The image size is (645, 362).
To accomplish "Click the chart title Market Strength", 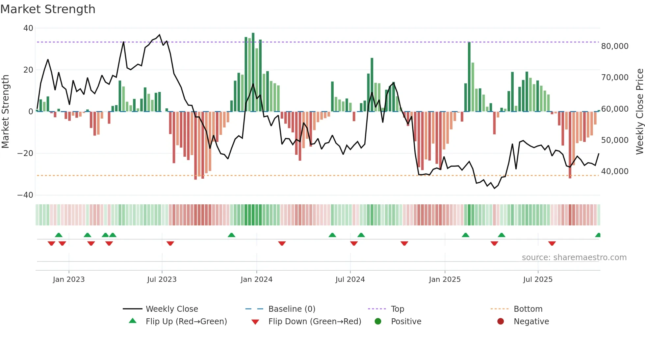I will coord(48,9).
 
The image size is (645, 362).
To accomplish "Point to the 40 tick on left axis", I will coord(28,28).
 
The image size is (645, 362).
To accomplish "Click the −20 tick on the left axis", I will coord(25,153).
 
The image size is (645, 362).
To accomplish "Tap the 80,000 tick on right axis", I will coord(614,46).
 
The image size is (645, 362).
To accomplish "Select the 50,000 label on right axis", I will coord(614,140).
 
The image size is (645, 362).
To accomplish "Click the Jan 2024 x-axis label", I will coord(256,280).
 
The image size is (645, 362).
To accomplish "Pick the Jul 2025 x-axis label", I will coord(538,280).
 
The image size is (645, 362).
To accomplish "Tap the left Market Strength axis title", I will coord(6,112).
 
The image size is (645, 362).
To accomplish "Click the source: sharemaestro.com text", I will coord(574,258).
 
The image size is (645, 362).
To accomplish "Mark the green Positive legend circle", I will coord(378,322).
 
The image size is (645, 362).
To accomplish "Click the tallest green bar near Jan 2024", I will coord(253,72).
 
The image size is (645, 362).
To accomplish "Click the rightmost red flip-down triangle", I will coord(552,243).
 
